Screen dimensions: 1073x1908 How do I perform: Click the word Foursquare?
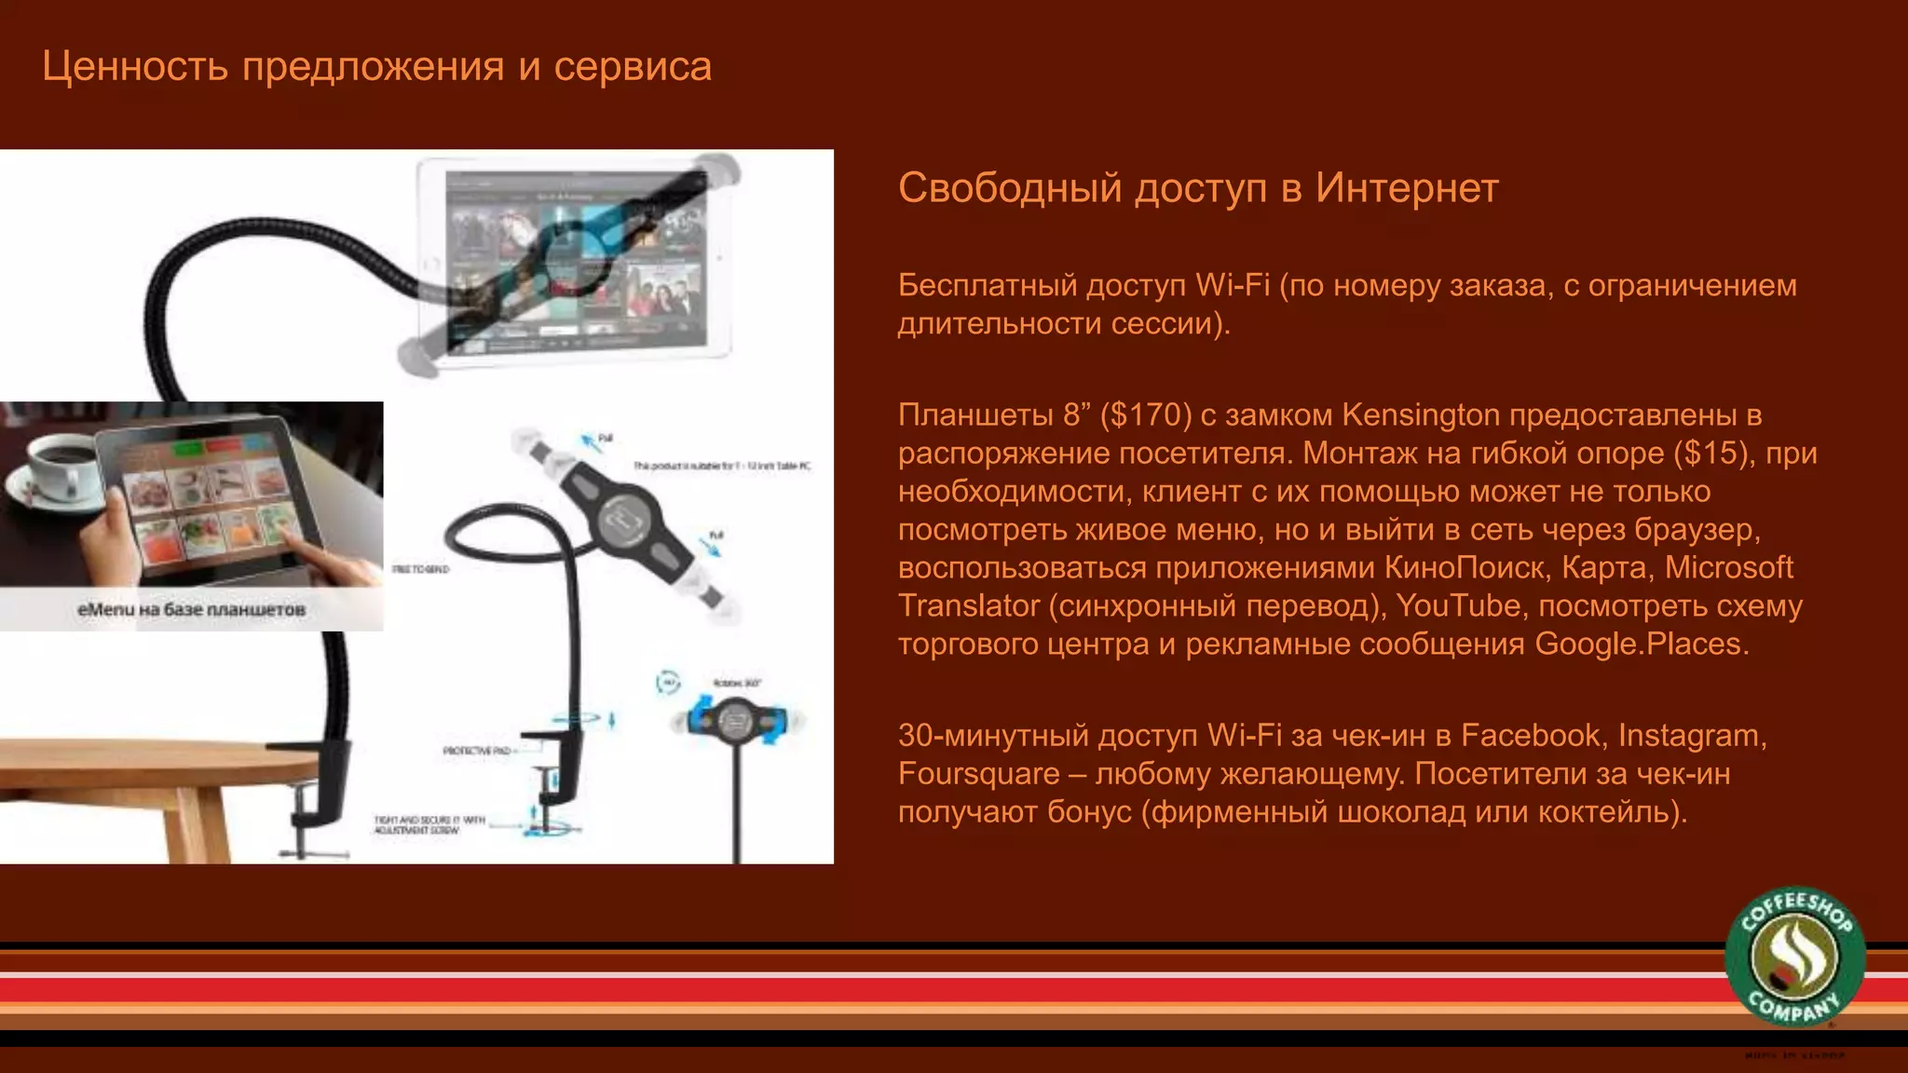point(978,774)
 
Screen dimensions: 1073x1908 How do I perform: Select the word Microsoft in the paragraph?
point(1729,568)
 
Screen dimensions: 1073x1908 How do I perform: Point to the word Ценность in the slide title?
point(135,67)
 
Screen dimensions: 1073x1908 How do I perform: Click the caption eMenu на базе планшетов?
point(191,610)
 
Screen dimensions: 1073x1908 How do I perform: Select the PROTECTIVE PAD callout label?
point(476,751)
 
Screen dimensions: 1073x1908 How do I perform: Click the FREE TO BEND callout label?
point(421,569)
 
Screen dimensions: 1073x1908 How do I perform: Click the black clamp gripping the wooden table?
point(326,782)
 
